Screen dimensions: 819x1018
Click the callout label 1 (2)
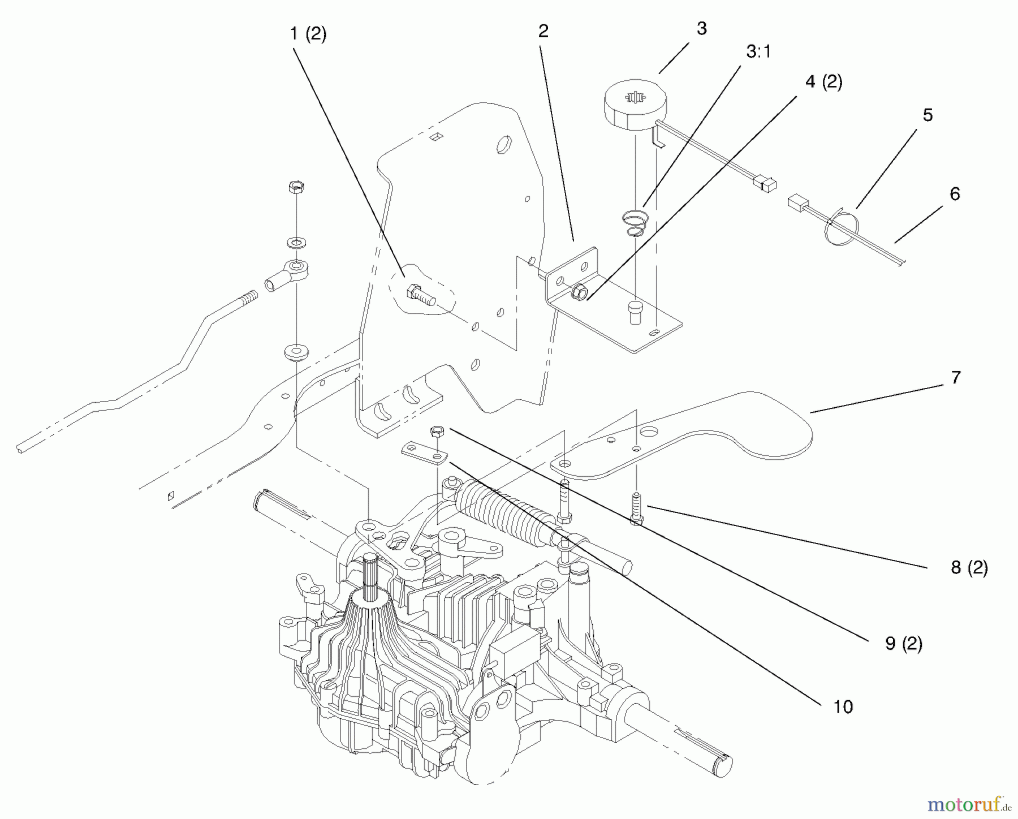click(x=308, y=35)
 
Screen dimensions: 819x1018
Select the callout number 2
click(x=543, y=32)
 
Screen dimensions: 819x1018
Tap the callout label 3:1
click(x=758, y=52)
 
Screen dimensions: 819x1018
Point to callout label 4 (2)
click(x=823, y=82)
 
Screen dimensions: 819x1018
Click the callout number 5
click(x=928, y=115)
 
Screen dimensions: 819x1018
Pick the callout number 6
click(x=955, y=194)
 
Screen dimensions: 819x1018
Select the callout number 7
click(x=956, y=377)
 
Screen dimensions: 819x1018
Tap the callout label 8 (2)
click(x=969, y=567)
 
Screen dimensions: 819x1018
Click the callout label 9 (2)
click(x=904, y=644)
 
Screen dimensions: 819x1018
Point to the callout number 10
click(x=843, y=706)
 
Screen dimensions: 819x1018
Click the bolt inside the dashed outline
click(x=419, y=295)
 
